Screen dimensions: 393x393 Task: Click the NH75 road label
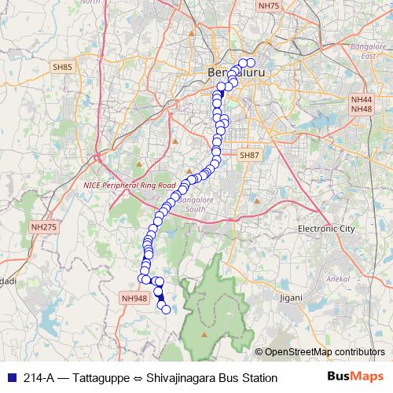(268, 6)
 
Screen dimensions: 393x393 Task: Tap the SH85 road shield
(62, 68)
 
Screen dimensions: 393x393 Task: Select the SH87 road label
(249, 156)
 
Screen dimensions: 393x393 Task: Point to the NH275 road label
(44, 227)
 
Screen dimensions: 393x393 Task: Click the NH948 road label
(134, 298)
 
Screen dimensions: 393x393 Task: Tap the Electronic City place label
(326, 228)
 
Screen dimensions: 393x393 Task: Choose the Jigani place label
(290, 299)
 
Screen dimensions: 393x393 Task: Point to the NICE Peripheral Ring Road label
(129, 185)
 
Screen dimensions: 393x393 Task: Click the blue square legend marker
(9, 378)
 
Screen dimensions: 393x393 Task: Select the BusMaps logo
(355, 377)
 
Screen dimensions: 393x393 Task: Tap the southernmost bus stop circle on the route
(166, 310)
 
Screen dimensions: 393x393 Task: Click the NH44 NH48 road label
(362, 105)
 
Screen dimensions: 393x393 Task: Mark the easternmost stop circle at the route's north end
(251, 63)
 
